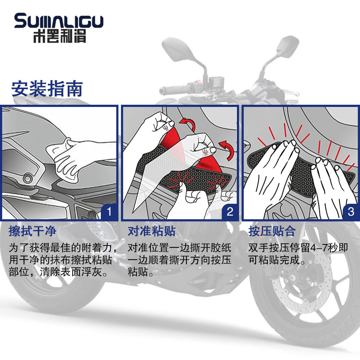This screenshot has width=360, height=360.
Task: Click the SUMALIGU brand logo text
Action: (x=59, y=21)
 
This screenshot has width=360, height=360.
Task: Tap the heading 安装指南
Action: (x=47, y=89)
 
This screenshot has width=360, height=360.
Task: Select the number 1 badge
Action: (x=109, y=212)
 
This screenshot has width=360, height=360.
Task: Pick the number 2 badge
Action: (x=230, y=212)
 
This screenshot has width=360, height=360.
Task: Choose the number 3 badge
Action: (x=351, y=212)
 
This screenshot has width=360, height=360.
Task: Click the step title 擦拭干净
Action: (x=32, y=231)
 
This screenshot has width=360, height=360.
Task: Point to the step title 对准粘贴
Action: (x=152, y=231)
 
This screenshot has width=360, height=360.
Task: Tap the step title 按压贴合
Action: (x=272, y=231)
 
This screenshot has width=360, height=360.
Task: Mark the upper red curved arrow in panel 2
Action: (x=188, y=124)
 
